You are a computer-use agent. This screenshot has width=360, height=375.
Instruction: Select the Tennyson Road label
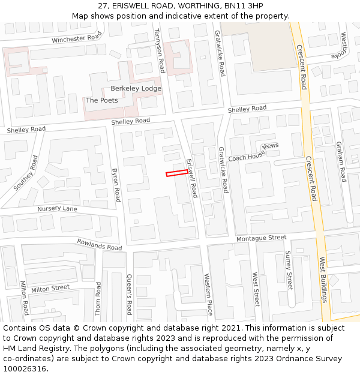(160, 50)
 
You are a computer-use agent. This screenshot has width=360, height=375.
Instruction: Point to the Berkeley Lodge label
(136, 88)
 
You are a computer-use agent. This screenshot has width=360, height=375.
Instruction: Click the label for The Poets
(102, 100)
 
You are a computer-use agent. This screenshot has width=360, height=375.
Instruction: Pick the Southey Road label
(26, 173)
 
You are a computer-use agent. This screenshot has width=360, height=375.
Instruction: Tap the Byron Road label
(116, 185)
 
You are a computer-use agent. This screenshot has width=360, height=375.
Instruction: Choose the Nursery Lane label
(58, 209)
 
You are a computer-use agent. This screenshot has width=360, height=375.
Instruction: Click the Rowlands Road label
(99, 244)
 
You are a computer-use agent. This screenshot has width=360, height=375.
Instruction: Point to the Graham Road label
(341, 162)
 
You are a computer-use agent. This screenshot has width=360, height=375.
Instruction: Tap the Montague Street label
(261, 238)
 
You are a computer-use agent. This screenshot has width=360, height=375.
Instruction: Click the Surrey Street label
(289, 271)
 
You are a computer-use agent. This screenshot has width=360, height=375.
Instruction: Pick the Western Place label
(208, 294)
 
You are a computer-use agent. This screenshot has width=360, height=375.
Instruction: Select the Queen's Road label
(128, 294)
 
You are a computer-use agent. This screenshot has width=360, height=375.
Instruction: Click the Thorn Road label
(98, 298)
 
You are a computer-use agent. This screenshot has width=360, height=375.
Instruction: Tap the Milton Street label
(50, 289)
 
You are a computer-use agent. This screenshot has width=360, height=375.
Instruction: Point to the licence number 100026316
(26, 368)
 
